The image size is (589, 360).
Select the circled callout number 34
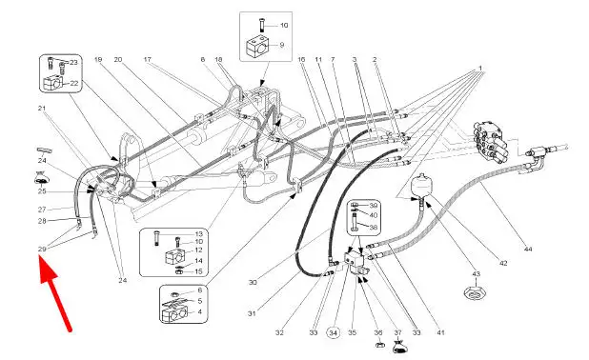(334, 332)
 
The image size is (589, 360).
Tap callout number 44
(528, 249)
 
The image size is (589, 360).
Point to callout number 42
(503, 264)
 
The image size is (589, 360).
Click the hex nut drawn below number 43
(476, 292)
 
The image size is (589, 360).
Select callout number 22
(74, 84)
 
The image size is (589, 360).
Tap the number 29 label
(42, 249)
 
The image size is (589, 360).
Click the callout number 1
(479, 69)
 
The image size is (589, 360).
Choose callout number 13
(198, 234)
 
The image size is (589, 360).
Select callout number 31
(252, 312)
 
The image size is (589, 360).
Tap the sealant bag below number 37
(400, 347)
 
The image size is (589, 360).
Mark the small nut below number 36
(379, 344)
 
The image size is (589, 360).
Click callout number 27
(42, 210)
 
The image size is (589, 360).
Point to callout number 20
(118, 59)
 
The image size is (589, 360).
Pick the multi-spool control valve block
(490, 142)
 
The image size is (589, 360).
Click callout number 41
(440, 332)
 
